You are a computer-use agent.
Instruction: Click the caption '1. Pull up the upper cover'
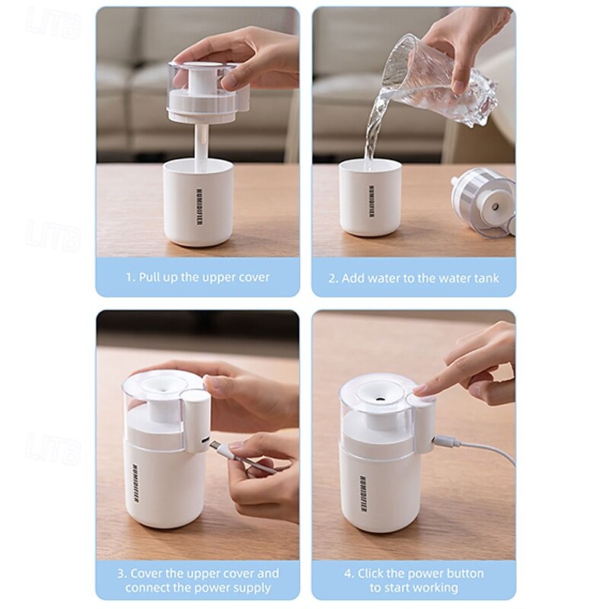[x=198, y=277]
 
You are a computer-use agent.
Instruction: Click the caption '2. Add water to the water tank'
[x=413, y=278]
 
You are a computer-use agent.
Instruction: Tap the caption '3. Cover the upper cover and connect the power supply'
[x=198, y=580]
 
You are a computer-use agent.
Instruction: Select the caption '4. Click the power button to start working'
[x=413, y=580]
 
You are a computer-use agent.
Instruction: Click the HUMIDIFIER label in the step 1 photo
[x=199, y=208]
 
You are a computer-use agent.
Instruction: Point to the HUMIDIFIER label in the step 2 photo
[x=371, y=201]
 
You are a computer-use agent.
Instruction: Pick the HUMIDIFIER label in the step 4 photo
[x=363, y=493]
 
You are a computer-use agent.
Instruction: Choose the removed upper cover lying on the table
[x=483, y=202]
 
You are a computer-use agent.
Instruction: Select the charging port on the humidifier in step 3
[x=205, y=443]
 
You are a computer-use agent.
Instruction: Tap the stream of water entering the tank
[x=374, y=128]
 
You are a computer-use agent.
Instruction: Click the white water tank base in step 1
[x=198, y=202]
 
